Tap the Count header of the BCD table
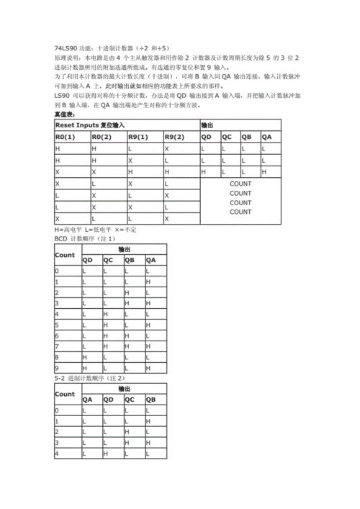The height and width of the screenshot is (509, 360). click(65, 255)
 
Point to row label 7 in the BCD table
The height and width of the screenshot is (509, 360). click(57, 346)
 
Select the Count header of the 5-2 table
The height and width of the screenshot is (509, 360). click(65, 394)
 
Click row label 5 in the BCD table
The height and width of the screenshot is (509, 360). click(57, 324)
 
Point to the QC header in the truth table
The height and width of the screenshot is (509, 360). click(226, 137)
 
